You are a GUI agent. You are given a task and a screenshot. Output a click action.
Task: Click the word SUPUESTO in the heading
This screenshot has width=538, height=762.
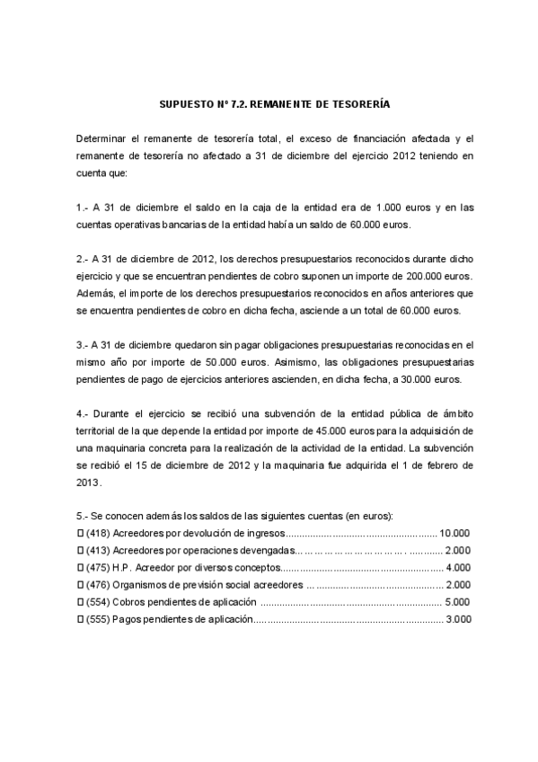185,105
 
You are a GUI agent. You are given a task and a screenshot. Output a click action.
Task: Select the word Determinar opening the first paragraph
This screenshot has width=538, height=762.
104,138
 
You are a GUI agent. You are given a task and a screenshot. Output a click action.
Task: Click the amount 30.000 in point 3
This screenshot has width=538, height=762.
419,379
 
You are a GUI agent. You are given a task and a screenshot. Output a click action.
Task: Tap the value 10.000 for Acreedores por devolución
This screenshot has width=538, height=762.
455,533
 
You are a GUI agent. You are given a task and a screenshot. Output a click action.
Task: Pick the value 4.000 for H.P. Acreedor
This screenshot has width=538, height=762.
458,567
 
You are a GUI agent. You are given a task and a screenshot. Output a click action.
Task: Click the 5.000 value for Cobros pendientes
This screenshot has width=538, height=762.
458,601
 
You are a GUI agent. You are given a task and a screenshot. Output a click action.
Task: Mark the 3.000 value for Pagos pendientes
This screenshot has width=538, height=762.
458,618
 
